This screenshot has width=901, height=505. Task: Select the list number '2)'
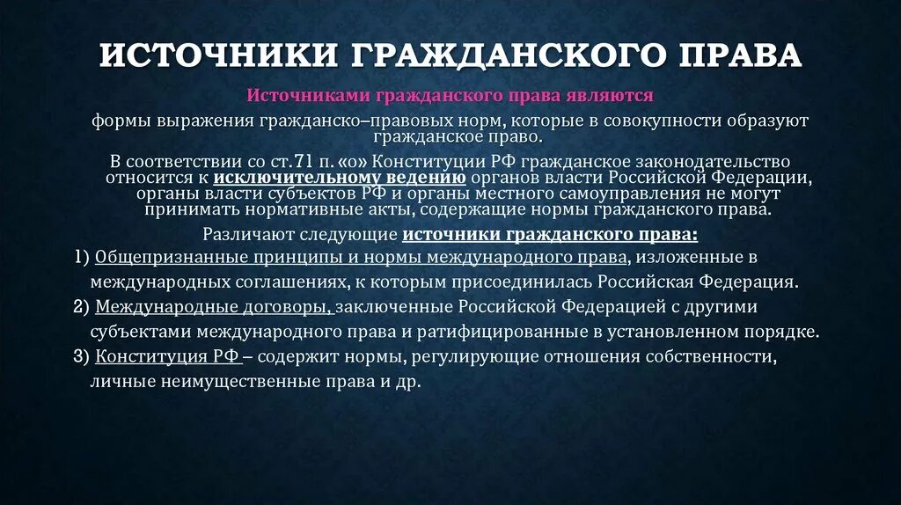coord(82,308)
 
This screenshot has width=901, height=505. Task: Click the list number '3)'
coord(82,357)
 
